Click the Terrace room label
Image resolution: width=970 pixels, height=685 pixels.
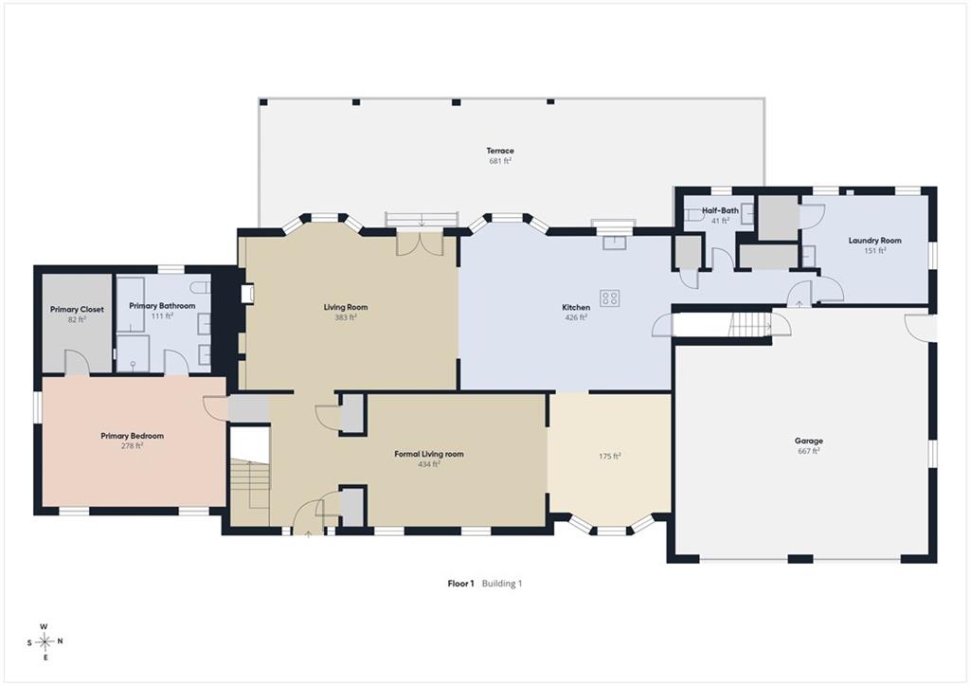(500, 151)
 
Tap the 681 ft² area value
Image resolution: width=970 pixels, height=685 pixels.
(500, 161)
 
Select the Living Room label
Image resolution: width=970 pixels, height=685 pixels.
(346, 307)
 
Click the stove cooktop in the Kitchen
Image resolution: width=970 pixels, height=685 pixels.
(610, 298)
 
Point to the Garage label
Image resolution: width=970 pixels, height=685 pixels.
(809, 442)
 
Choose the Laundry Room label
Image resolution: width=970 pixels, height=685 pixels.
(874, 240)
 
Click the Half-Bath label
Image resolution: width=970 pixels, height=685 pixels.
(720, 210)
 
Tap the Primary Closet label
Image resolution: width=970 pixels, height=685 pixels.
(78, 310)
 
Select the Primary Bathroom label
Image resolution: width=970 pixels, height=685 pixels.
(162, 306)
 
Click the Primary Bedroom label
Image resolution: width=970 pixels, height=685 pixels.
(133, 436)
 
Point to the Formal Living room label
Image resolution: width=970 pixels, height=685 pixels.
(429, 454)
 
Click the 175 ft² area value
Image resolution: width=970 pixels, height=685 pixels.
(609, 456)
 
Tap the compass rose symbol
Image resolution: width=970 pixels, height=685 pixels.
(45, 641)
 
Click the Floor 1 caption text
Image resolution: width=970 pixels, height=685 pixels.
(460, 583)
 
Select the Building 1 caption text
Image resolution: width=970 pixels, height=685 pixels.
(502, 583)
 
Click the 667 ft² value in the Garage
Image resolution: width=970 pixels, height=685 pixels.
(809, 451)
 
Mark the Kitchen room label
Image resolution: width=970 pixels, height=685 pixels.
(576, 308)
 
